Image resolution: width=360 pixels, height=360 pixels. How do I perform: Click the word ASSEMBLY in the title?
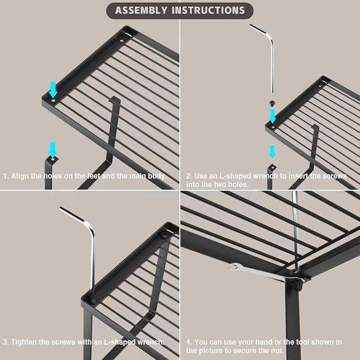[141, 10]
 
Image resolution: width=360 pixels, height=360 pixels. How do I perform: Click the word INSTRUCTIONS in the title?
[208, 10]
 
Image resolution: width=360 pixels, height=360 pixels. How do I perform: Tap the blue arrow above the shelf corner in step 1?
[53, 90]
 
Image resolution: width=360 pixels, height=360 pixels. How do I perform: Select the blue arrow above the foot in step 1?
[53, 150]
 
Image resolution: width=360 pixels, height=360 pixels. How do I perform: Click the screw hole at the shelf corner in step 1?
[53, 101]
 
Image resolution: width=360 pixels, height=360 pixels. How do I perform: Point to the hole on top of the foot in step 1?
[53, 159]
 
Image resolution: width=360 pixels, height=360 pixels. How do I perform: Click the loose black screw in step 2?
[272, 103]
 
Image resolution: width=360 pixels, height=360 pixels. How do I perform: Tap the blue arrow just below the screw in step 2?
[273, 116]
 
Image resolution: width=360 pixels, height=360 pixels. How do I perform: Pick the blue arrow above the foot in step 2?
[273, 152]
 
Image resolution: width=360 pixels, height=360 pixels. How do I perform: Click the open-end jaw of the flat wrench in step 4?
[235, 266]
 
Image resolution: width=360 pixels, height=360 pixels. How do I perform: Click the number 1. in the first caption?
[6, 176]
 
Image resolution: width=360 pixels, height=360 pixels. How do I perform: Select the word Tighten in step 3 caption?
[24, 342]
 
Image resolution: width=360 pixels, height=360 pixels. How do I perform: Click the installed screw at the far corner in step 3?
[164, 235]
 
